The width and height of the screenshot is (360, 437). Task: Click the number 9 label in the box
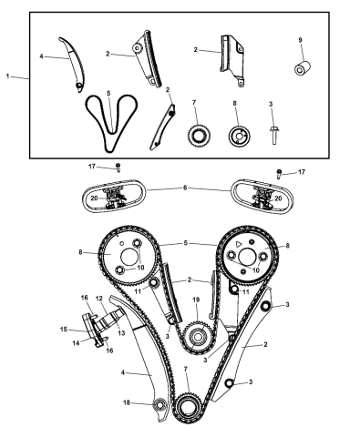tap(300, 40)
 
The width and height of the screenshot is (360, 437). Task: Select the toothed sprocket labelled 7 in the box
tap(194, 136)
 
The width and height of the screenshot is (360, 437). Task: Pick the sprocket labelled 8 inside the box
tap(239, 136)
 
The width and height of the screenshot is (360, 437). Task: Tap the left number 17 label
tap(93, 166)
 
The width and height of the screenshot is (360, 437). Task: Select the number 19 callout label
tap(194, 299)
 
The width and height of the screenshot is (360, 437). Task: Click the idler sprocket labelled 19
tap(193, 336)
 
